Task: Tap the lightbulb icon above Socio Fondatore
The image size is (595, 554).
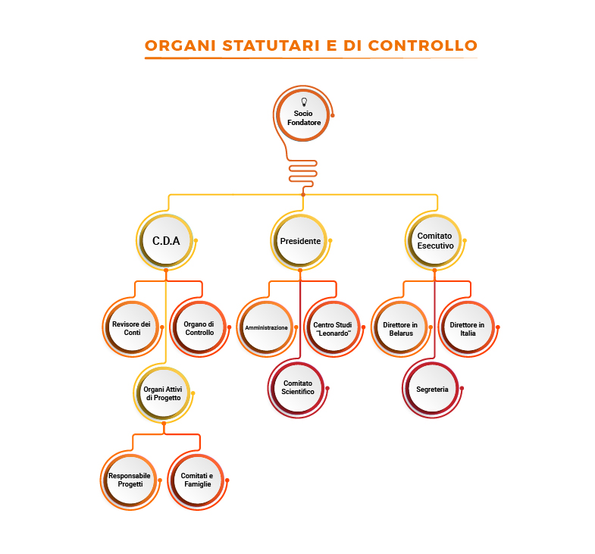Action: pos(304,102)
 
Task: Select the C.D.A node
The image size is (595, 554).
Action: pos(166,241)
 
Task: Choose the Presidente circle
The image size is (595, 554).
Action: pos(300,241)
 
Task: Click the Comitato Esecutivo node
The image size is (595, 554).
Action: pos(435,241)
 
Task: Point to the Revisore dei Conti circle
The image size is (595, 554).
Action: pos(132,328)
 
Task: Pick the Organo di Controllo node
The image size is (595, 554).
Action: pos(199,328)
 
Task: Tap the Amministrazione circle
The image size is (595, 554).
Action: pos(266,328)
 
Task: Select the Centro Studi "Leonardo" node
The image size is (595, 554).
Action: pos(332,328)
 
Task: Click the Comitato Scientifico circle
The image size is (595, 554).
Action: pos(298,387)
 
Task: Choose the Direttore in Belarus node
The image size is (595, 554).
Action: pos(400,328)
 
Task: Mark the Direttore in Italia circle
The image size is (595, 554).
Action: pos(467,328)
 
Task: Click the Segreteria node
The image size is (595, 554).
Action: pos(432,389)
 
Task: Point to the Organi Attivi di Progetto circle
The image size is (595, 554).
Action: pos(163,393)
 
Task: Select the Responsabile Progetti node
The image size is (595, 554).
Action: pos(130,479)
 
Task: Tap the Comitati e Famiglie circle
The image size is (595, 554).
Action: pos(196,479)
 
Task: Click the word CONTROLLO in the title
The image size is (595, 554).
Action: pos(422,45)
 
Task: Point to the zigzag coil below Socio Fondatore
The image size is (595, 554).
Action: pos(303,171)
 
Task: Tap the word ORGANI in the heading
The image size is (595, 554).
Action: pos(180,45)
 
